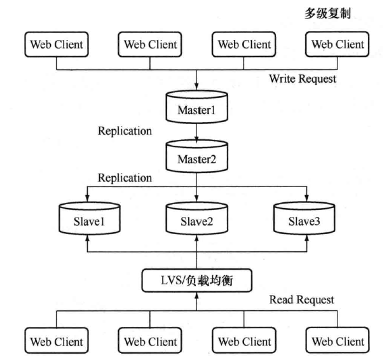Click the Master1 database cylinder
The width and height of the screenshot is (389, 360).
point(197,107)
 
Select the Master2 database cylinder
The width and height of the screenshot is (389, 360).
point(197,156)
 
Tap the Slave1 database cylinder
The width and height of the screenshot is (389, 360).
point(90,219)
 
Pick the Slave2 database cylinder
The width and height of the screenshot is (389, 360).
point(197,219)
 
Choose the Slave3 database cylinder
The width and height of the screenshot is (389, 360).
point(304,219)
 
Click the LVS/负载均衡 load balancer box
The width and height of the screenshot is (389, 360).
point(197,280)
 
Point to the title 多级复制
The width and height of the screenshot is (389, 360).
point(327,13)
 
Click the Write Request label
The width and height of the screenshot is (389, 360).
point(303,79)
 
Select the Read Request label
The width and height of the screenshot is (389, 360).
point(302,300)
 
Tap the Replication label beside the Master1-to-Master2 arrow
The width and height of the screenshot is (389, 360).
point(125,131)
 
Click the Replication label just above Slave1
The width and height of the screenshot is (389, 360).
point(125,178)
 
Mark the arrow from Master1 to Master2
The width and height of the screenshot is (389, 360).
point(197,133)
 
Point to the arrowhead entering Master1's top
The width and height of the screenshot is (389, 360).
point(197,86)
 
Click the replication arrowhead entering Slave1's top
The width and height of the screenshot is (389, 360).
point(87,198)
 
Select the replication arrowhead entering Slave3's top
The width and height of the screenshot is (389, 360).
point(306,198)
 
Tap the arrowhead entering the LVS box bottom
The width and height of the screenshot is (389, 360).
point(197,296)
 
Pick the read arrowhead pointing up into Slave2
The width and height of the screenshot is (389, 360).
point(197,238)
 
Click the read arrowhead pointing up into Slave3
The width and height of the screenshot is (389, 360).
point(306,238)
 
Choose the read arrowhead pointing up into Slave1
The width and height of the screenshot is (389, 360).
point(87,238)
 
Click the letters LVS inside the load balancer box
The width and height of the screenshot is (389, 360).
point(172,280)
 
